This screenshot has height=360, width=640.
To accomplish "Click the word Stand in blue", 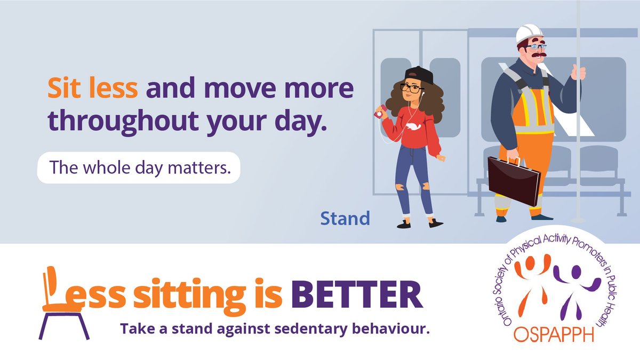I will click(345, 218).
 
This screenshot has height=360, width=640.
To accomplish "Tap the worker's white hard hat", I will click(529, 34).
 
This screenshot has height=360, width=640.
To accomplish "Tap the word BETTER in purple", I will click(357, 294).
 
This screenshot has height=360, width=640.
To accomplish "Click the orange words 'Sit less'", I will click(92, 89).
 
